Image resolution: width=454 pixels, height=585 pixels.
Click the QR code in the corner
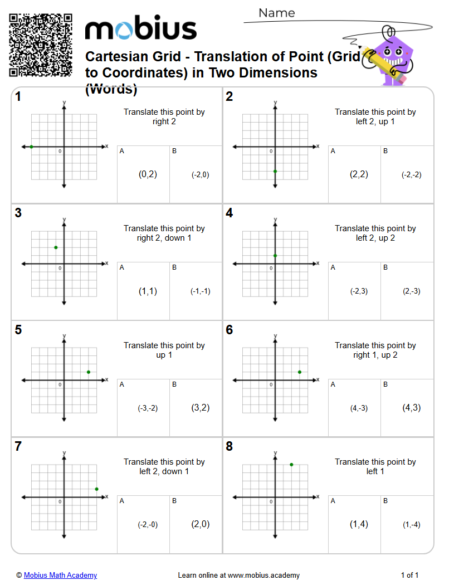41,45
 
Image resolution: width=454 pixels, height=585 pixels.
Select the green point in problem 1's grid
32,147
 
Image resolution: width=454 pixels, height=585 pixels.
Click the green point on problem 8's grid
291,465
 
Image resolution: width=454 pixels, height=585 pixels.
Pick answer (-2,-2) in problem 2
411,175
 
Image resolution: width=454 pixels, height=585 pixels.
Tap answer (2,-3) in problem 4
411,291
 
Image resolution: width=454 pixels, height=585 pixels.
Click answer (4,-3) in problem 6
359,408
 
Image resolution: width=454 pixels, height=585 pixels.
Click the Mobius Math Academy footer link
60,576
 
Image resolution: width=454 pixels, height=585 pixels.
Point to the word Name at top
277,13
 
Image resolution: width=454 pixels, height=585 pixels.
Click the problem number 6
230,330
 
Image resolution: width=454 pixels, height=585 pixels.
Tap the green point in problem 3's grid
56,247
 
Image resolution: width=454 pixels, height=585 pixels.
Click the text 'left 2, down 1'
164,471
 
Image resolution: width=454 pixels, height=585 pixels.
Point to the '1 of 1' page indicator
409,576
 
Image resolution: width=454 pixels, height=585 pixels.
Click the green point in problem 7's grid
96,489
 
